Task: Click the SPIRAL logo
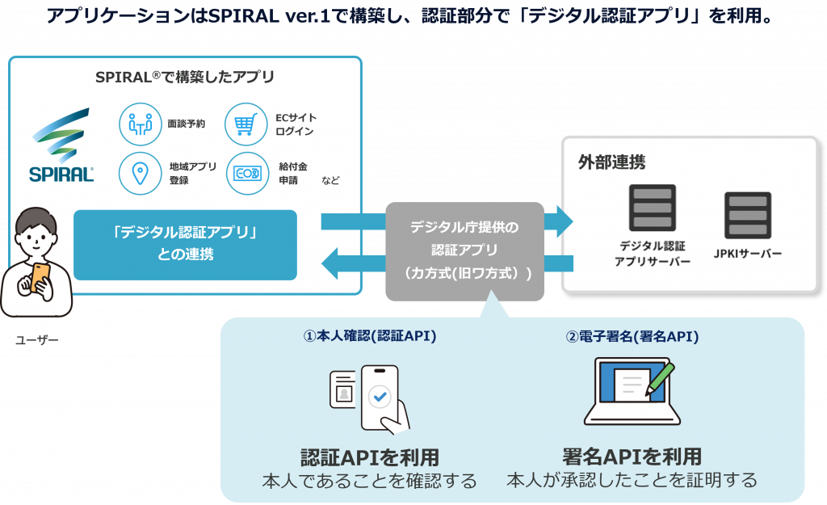coord(61,145)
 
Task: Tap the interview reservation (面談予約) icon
coord(141,124)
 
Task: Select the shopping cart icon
coord(246,124)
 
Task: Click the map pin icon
coord(141,173)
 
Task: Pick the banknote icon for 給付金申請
coord(246,173)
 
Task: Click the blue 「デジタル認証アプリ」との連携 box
coord(185,244)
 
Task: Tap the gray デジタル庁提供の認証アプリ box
coord(464,250)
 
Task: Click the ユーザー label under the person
coord(37,340)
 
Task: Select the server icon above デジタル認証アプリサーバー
coord(653,208)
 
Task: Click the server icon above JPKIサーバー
coord(748,214)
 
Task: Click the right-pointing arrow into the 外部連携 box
coord(559,221)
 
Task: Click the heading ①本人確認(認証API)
coord(369,336)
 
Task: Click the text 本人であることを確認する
coord(369,482)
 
